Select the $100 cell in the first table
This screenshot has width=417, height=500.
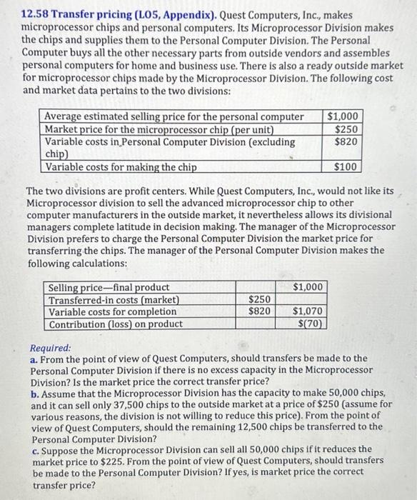[346, 167]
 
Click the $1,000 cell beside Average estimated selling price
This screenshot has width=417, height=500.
[343, 116]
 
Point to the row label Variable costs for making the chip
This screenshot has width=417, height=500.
[121, 167]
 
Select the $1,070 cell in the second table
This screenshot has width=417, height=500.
[310, 311]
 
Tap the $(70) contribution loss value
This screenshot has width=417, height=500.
[313, 324]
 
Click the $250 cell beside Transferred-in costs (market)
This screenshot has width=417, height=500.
[258, 299]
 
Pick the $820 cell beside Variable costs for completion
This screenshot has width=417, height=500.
[258, 311]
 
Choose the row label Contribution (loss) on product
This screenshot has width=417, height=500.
[115, 324]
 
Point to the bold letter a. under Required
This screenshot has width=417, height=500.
[34, 358]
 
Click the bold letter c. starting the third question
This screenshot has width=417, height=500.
[34, 449]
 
